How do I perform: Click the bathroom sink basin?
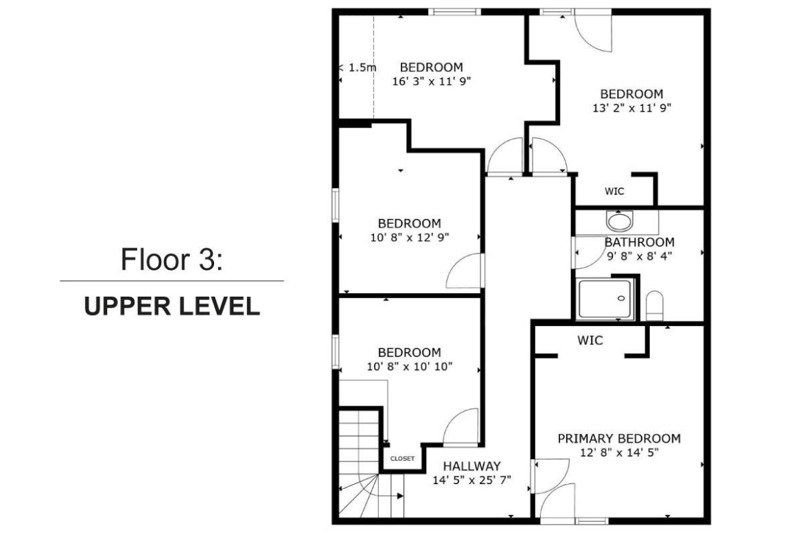pos(620,221)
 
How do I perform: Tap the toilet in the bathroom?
pos(655,306)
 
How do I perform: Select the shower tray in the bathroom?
pos(605,300)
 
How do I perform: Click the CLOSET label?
pos(402,459)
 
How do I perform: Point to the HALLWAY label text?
pos(472,466)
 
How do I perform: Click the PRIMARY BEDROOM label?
pos(619,439)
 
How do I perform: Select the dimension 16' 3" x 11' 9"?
pos(432,81)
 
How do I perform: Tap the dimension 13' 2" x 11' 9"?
pos(631,108)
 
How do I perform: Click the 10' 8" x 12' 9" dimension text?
pos(410,237)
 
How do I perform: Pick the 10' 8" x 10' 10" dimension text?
pos(410,367)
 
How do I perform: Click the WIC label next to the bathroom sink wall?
pos(614,191)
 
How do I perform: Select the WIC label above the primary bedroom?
pos(590,340)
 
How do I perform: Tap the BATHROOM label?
pos(640,242)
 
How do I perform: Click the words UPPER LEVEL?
pos(172,306)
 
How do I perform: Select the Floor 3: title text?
pos(172,260)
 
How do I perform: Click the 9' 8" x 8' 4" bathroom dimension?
pos(640,256)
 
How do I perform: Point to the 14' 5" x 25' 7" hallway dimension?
pos(472,480)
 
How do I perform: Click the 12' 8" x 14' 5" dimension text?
pos(619,452)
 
